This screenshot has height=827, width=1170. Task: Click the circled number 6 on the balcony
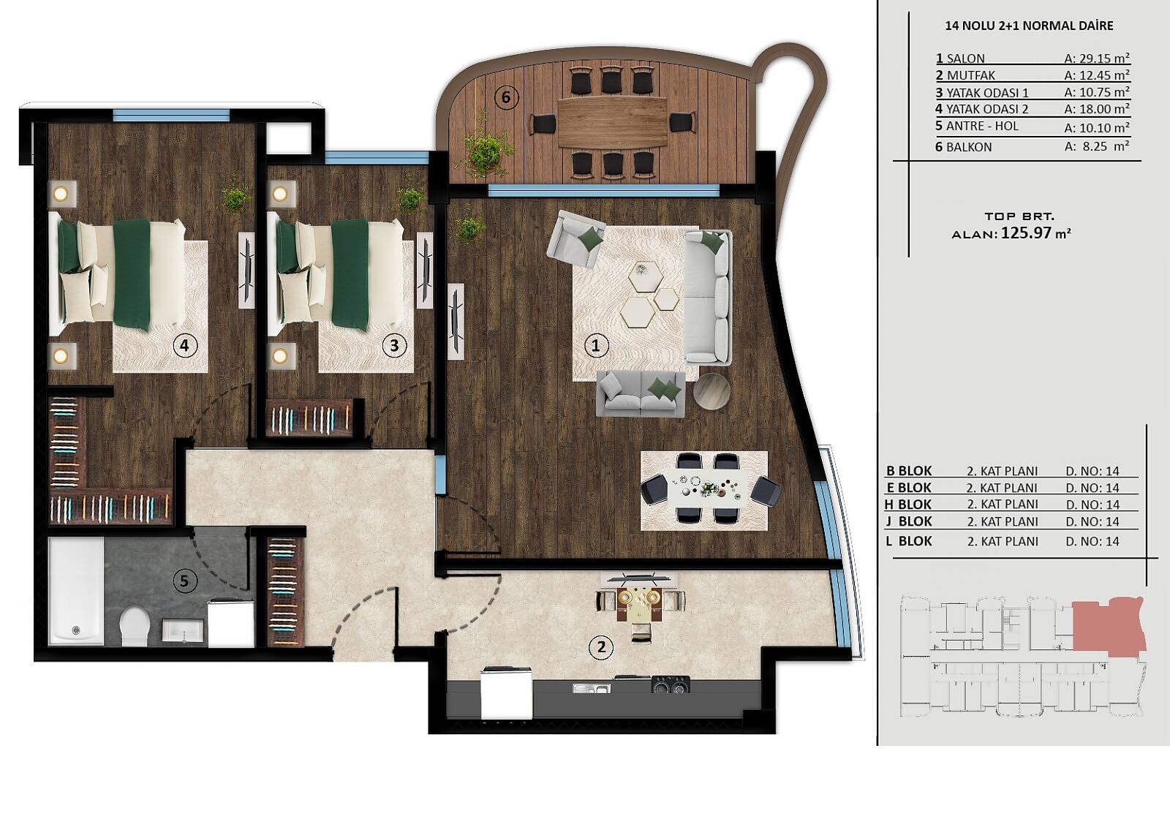(505, 97)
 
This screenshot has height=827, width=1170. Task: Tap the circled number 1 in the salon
(595, 345)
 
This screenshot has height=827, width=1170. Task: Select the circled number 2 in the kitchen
(600, 647)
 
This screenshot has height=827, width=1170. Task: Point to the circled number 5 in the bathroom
(184, 581)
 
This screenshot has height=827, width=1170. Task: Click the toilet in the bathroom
(135, 626)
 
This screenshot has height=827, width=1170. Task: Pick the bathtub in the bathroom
(76, 592)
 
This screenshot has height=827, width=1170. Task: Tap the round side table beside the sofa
(712, 391)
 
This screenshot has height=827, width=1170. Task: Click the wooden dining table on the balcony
(613, 124)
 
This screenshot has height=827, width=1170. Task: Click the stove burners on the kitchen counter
(671, 684)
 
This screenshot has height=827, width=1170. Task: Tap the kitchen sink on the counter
(592, 688)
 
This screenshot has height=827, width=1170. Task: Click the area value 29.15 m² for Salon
(1097, 58)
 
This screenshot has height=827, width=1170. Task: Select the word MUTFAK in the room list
(971, 75)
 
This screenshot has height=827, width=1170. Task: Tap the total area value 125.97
(1026, 233)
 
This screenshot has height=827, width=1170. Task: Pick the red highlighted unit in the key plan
(1107, 625)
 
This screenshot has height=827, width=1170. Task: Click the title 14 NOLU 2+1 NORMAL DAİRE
(1029, 26)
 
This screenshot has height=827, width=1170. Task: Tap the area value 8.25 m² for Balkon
(1097, 146)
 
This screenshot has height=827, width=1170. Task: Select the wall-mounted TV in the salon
(456, 321)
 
